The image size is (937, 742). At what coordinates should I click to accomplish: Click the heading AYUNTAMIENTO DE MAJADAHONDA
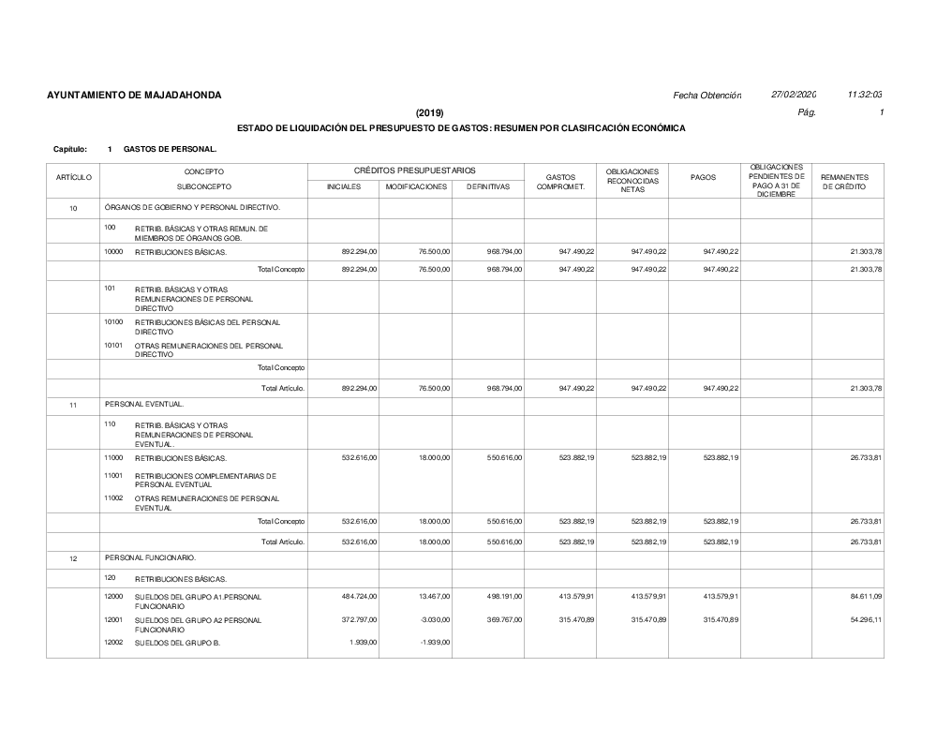[x=134, y=96]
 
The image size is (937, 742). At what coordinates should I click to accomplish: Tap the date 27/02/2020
[x=794, y=95]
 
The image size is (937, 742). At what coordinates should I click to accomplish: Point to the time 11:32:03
[x=865, y=95]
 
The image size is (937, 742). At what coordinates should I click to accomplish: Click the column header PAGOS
[x=704, y=177]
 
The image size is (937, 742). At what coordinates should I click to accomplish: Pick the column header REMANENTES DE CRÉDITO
[x=845, y=182]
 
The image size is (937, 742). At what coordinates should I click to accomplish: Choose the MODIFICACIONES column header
[x=416, y=186]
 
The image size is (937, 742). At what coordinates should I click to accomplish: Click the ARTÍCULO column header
[x=74, y=177]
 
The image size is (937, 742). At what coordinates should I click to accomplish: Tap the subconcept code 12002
[x=113, y=642]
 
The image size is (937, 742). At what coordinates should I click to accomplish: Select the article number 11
[x=73, y=404]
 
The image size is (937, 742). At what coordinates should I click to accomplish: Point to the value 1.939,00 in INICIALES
[x=364, y=642]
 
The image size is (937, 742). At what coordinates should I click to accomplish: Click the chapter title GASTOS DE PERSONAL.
[x=171, y=149]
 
